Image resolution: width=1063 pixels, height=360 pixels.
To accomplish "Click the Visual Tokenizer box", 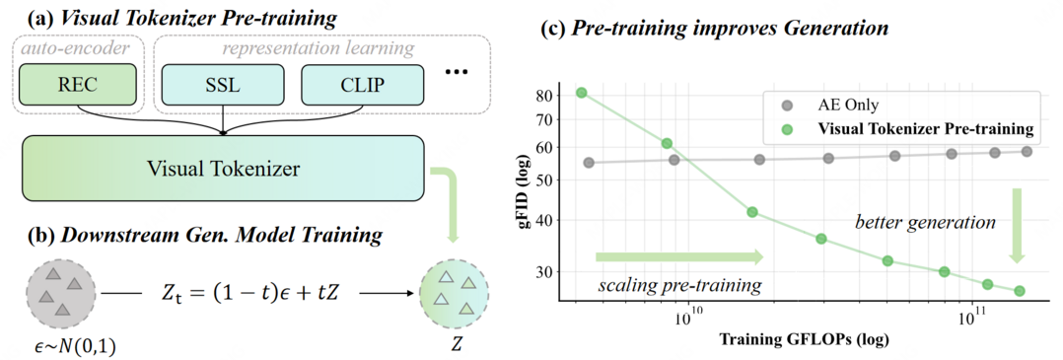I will (224, 169).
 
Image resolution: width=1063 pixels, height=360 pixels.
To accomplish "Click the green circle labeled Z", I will (456, 294).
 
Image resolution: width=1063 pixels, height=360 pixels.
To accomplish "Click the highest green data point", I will (582, 93).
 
